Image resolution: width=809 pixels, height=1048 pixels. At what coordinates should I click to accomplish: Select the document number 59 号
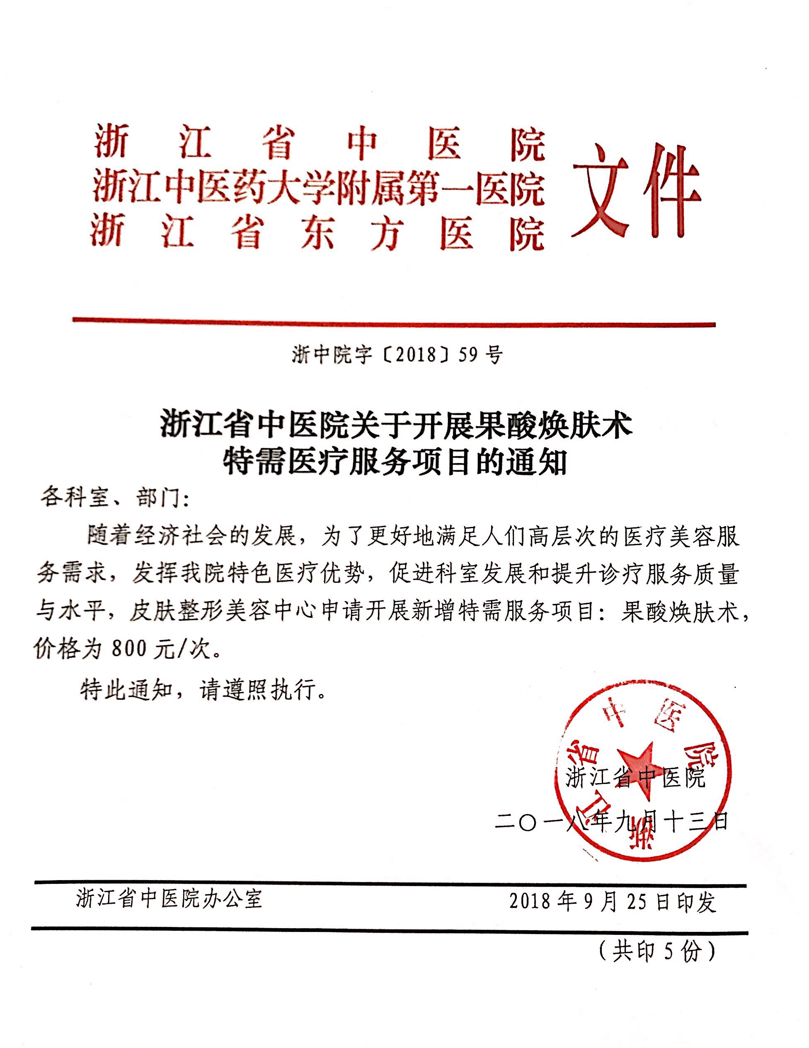coord(480,356)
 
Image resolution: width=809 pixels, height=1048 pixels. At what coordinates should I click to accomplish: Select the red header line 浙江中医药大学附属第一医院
coord(319,189)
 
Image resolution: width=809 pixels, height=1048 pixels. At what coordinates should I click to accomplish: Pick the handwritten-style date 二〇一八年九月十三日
coord(611,822)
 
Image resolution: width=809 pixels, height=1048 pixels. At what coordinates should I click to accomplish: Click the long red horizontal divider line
coord(393,323)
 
